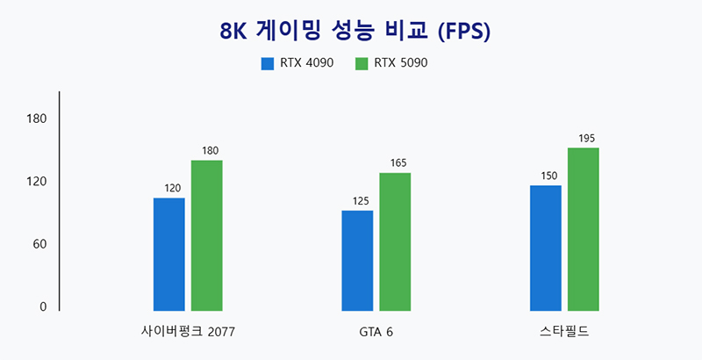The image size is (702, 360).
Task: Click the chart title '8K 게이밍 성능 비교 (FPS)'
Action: [355, 31]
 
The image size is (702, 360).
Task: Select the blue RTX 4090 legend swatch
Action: [268, 63]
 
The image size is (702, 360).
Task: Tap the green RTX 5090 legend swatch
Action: [362, 63]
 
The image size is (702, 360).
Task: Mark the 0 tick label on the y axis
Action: [41, 306]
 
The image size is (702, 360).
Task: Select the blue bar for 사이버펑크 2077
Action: [168, 254]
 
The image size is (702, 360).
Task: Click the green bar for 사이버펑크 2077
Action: [206, 235]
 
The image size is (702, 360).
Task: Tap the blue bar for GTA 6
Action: [357, 260]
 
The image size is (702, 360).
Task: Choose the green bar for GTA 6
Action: [395, 241]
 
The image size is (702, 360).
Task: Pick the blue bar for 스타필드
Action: [546, 248]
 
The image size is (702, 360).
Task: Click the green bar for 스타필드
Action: [584, 228]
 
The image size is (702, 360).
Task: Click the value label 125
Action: [361, 201]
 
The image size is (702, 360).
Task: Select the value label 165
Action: [398, 163]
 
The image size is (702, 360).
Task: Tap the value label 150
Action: [549, 176]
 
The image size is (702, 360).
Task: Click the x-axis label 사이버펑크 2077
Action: [188, 332]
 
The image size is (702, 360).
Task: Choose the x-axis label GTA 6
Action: [376, 332]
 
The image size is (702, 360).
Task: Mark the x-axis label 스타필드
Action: [564, 332]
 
